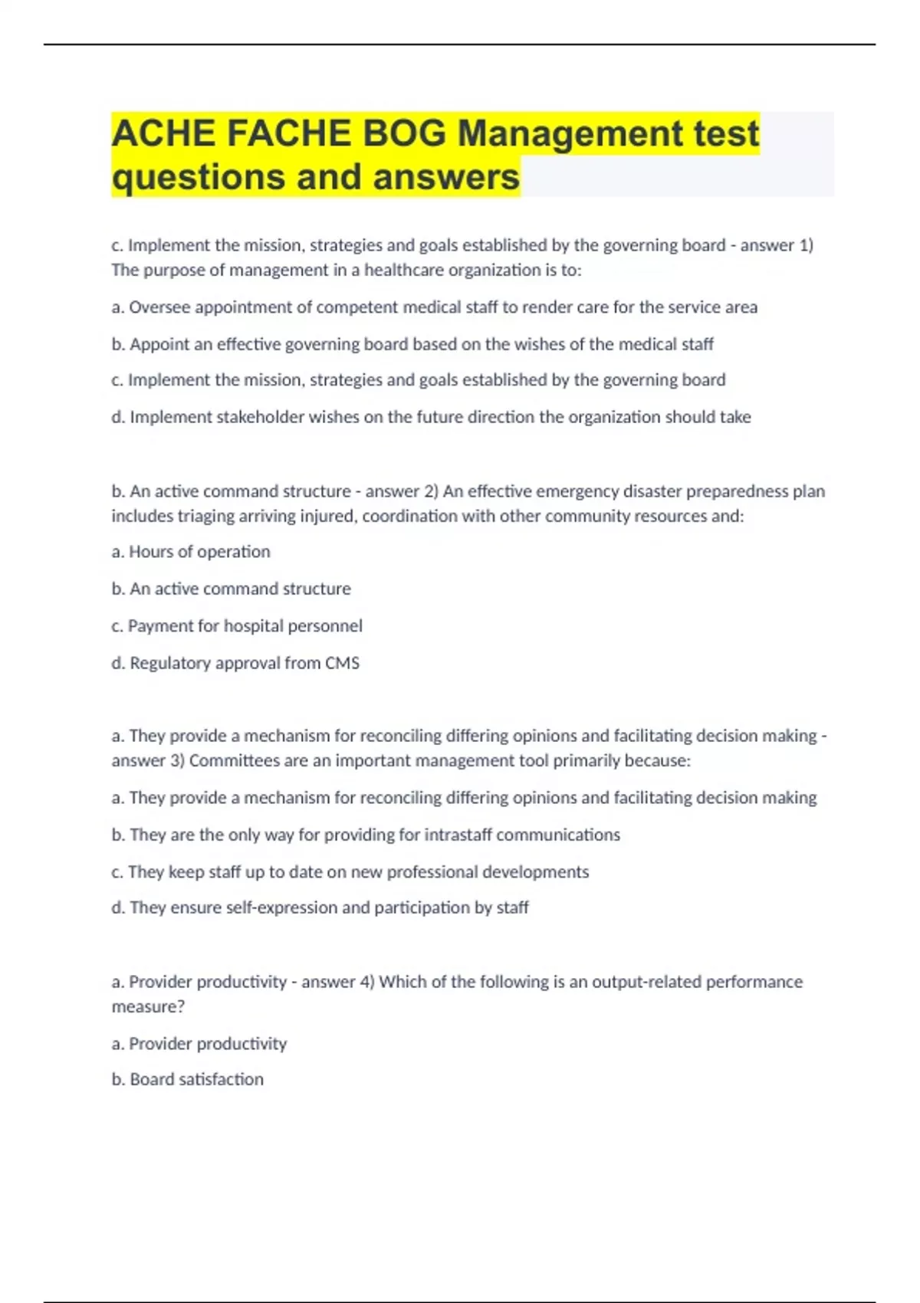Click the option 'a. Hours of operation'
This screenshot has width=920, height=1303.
tap(191, 552)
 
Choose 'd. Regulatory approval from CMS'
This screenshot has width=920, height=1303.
tap(235, 663)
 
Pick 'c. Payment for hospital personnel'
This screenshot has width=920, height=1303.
tap(237, 626)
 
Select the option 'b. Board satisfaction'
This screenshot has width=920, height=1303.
tap(188, 1079)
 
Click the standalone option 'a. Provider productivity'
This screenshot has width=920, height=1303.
tap(199, 1044)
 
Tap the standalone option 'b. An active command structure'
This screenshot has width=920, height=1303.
tap(231, 589)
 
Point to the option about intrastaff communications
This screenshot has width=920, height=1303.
tap(366, 835)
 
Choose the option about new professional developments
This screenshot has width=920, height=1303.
tap(350, 872)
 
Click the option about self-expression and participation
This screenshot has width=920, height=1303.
tap(320, 908)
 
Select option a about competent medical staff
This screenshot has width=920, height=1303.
tap(434, 307)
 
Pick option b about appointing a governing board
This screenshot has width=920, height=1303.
tap(412, 344)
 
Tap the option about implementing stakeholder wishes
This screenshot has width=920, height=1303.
tap(431, 417)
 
